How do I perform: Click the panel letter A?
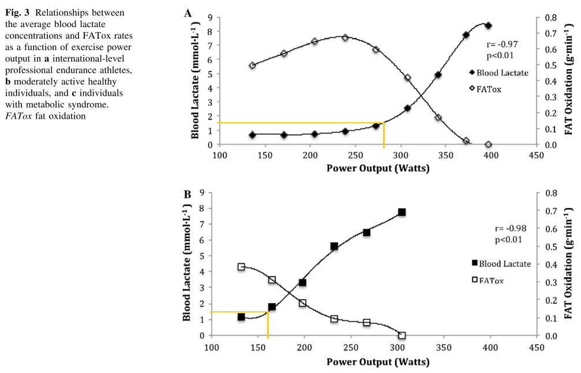(188, 12)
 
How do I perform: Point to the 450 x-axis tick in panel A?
(535, 156)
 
